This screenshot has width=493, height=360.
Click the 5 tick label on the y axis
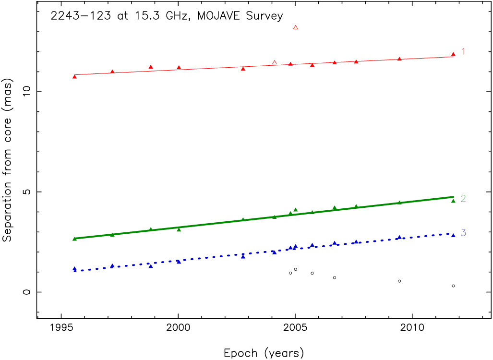(27, 192)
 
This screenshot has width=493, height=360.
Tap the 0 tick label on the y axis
(27, 292)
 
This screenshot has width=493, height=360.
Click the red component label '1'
(463, 51)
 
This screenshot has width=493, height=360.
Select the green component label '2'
(463, 198)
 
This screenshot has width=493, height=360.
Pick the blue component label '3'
(463, 233)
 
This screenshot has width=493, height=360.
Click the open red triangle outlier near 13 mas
(296, 27)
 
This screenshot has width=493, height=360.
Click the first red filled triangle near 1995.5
(74, 76)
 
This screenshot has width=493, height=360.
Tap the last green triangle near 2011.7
(453, 201)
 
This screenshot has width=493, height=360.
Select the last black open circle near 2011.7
(453, 286)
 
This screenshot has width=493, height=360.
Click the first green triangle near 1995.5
(74, 239)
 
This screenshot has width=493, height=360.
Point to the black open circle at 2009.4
(399, 281)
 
